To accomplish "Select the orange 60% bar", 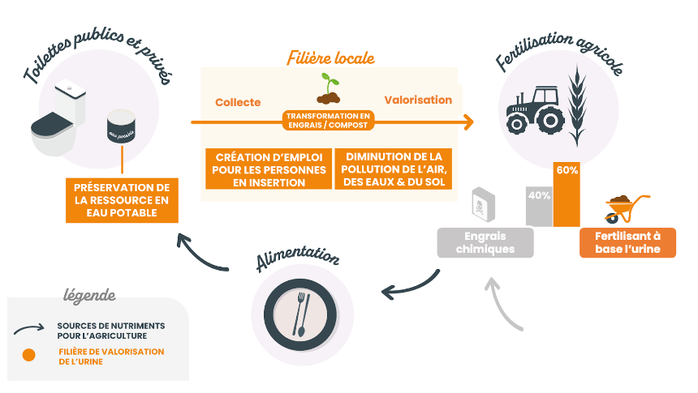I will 567,194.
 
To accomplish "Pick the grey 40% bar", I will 539,206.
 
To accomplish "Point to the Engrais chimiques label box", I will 485,242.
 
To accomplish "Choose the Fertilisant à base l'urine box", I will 627,241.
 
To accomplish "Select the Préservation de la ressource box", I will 121,199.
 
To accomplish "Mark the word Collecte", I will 238,102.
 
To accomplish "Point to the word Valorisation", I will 417,100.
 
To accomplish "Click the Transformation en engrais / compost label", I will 328,121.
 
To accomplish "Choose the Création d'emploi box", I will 268,169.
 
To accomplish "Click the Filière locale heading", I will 330,58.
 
